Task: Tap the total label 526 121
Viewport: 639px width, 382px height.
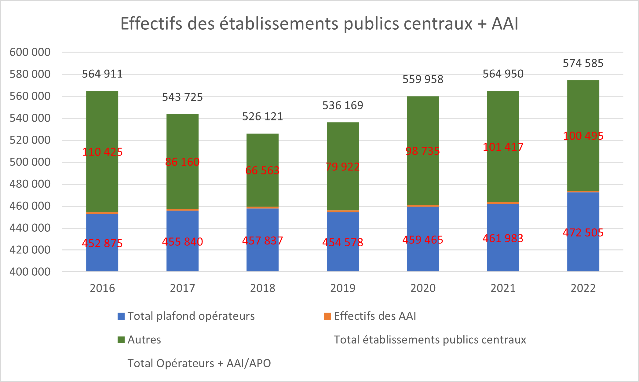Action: [262, 116]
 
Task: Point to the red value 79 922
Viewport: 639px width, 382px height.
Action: [342, 167]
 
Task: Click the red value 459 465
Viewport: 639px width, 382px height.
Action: [423, 240]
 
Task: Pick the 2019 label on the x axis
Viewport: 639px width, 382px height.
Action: [343, 288]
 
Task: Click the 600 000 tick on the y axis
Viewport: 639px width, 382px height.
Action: [30, 52]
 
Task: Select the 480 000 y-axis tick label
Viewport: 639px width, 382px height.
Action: [30, 184]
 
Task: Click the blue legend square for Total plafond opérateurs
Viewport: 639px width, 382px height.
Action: [121, 316]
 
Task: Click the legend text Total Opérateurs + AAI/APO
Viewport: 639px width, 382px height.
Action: [199, 363]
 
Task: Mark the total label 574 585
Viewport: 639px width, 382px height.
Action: [583, 63]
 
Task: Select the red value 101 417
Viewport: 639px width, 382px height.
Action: [503, 147]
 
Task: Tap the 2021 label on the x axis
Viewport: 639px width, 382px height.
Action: [503, 288]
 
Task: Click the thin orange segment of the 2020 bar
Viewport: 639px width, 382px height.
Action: [423, 206]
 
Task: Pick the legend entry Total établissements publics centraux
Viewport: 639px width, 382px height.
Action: [430, 340]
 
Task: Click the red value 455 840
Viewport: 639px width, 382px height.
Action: [182, 242]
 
